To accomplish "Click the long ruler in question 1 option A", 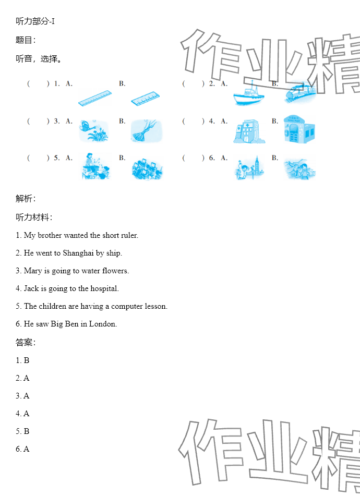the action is (95, 99).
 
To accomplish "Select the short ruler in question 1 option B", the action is (146, 99).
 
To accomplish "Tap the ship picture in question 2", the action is (249, 94).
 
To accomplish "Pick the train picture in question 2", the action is (300, 91).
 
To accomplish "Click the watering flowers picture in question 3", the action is (94, 130).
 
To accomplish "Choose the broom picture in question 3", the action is (147, 130).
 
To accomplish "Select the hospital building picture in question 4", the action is (249, 131).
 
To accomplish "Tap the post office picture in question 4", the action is (299, 129).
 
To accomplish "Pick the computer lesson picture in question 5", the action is (147, 169).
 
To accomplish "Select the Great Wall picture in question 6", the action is (299, 168).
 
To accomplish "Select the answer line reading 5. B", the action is (22, 431).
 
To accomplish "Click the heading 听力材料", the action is (34, 217).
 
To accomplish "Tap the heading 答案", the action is (26, 342).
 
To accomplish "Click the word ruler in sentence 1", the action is (130, 235).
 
